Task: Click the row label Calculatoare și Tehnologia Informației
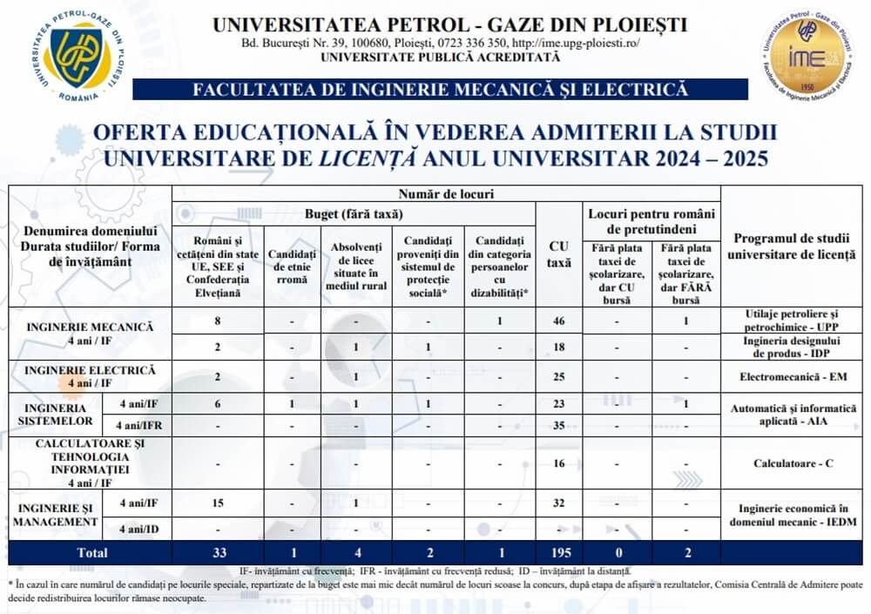pyautogui.click(x=91, y=462)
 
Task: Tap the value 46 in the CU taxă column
pyautogui.click(x=558, y=321)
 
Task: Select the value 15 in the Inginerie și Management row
pyautogui.click(x=219, y=503)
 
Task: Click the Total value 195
pyautogui.click(x=558, y=553)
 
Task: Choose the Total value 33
pyautogui.click(x=219, y=553)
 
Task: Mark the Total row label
pyautogui.click(x=91, y=553)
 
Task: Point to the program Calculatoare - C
pyautogui.click(x=793, y=463)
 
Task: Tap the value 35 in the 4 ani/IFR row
pyautogui.click(x=558, y=426)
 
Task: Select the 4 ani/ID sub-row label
pyautogui.click(x=138, y=528)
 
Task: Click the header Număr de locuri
pyautogui.click(x=445, y=193)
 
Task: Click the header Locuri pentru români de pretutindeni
pyautogui.click(x=652, y=221)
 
